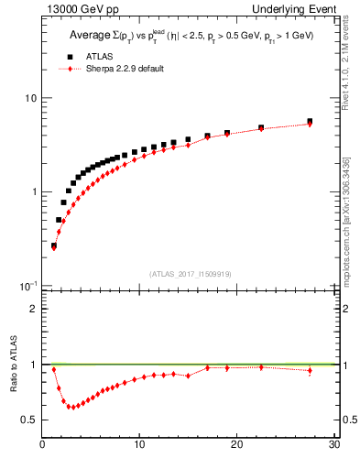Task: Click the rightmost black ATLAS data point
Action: click(310, 122)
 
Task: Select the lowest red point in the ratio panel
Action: click(71, 407)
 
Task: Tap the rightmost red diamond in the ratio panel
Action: click(310, 370)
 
